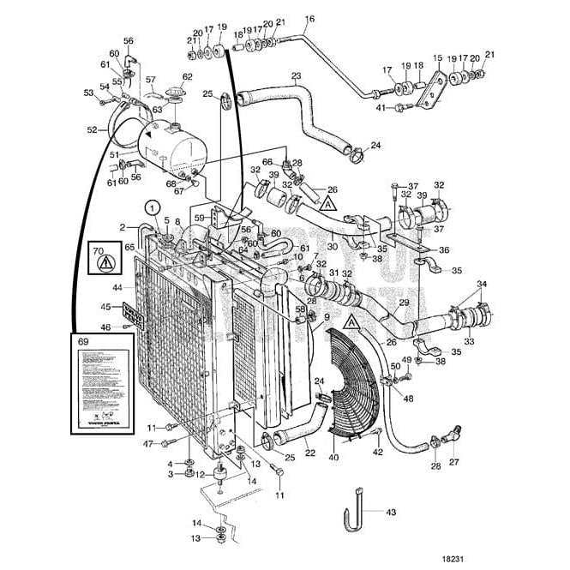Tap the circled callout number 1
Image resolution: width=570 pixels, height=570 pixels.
[x=152, y=207]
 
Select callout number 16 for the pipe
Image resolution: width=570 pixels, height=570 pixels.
[x=309, y=19]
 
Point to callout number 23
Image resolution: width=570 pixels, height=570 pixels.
[x=296, y=76]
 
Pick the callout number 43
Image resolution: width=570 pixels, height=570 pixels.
[x=391, y=513]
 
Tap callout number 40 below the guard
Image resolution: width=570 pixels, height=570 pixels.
[x=334, y=458]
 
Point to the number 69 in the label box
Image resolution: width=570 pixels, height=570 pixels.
[x=83, y=340]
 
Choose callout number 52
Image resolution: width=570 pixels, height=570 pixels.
[x=93, y=130]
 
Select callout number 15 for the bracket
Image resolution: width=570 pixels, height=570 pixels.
[x=437, y=57]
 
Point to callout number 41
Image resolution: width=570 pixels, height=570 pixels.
[x=379, y=107]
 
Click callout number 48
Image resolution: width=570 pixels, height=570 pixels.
[x=408, y=399]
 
